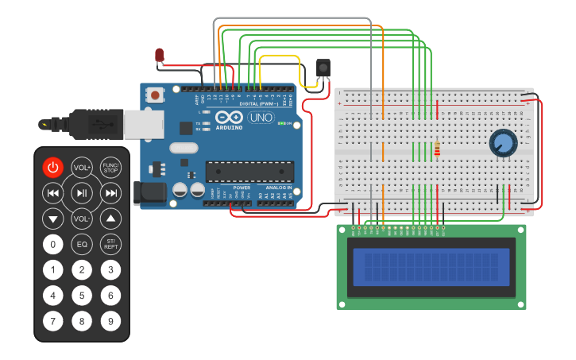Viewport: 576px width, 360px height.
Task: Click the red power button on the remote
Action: (x=52, y=168)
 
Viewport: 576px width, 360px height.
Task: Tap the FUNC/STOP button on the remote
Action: (x=111, y=168)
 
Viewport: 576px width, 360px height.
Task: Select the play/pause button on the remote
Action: (x=82, y=192)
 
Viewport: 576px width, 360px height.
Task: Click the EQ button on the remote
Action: (x=82, y=244)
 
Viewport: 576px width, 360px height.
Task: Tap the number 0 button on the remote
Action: (x=52, y=244)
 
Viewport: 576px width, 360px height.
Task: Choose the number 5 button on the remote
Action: (x=82, y=296)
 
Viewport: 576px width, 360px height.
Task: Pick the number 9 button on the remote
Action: (x=111, y=322)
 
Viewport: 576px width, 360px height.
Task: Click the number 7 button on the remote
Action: (x=52, y=322)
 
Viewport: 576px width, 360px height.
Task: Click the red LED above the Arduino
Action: (x=159, y=55)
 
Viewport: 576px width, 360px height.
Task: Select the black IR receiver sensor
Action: (x=323, y=68)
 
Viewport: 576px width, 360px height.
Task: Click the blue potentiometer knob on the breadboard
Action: (x=503, y=143)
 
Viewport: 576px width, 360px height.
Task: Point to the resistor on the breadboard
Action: (x=437, y=149)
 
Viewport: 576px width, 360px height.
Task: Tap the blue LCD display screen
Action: (x=431, y=266)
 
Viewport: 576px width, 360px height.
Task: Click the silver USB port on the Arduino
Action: (x=144, y=124)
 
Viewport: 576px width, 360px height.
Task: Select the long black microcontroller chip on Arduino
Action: (x=249, y=171)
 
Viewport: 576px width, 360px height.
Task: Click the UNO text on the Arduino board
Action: (x=261, y=118)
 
